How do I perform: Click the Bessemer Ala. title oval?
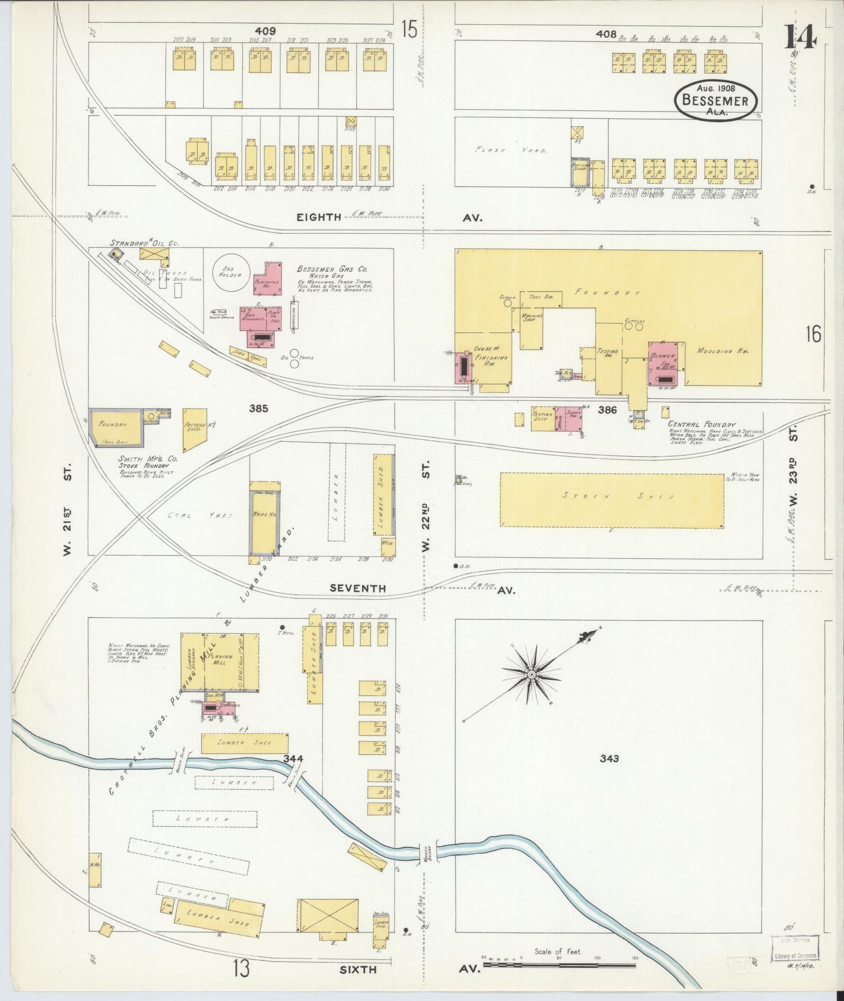coord(716,99)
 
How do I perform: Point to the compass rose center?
coord(532,675)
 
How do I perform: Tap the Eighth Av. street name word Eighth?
coord(318,217)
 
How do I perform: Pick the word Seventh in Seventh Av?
coord(357,589)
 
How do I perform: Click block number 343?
coord(608,759)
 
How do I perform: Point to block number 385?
coord(258,409)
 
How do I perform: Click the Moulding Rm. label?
coord(723,352)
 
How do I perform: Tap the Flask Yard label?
coord(510,150)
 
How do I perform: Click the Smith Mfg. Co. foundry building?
coord(116,426)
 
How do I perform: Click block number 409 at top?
coord(265,30)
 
